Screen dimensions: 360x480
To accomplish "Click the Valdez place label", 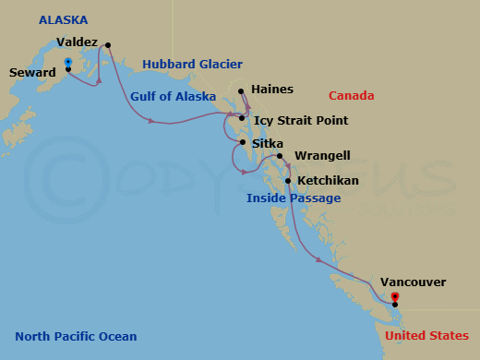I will tap(77, 42).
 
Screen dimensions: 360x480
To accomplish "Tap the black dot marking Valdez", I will tap(108, 45).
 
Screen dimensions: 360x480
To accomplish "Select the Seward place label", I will tap(32, 72).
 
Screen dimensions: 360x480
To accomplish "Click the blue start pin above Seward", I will tap(67, 62).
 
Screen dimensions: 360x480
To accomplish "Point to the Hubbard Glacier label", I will tap(192, 65).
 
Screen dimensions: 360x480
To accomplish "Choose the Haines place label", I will tap(272, 90).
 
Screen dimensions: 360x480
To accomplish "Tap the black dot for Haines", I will tap(241, 91).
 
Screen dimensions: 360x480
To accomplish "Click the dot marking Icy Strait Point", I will tap(242, 118).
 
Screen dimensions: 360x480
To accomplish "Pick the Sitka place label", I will tap(268, 144).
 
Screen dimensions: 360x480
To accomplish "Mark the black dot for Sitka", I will tap(242, 142).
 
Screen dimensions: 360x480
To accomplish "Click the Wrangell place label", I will tap(322, 157).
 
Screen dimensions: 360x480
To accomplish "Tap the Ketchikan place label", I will tap(329, 181).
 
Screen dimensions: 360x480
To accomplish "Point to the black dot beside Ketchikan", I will tap(288, 181).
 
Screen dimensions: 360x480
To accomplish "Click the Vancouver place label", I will tap(412, 282).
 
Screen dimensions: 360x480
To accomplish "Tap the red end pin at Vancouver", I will tap(395, 297).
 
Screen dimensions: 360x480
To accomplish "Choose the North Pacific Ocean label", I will tap(76, 337).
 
